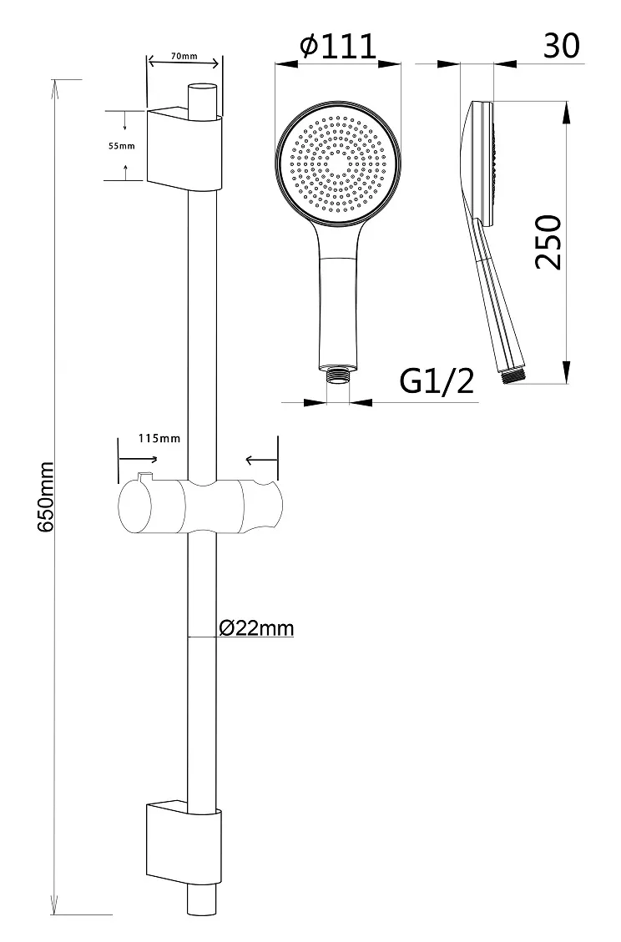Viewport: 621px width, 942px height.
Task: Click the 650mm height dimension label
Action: (x=46, y=496)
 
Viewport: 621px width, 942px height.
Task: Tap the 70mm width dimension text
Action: (x=184, y=57)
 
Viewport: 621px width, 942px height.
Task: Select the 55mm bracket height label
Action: (x=122, y=146)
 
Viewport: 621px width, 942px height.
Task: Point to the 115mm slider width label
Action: (x=159, y=439)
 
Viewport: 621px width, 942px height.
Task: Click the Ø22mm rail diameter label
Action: (x=257, y=628)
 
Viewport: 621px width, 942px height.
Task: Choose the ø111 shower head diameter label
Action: (x=339, y=46)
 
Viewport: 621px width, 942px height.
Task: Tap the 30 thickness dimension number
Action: (x=562, y=46)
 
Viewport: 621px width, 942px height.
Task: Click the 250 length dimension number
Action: (x=548, y=241)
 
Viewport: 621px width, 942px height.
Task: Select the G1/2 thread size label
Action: (x=437, y=380)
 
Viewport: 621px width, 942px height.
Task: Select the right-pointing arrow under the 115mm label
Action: (x=139, y=459)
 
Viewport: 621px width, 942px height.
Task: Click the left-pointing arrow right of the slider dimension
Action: (x=262, y=461)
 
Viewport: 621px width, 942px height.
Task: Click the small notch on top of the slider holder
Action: (x=145, y=477)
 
